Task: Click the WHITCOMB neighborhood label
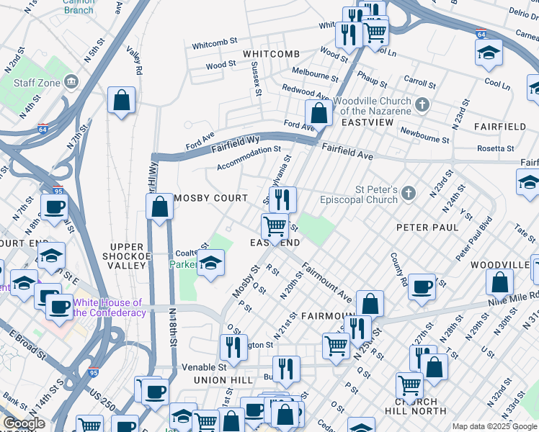[271, 55]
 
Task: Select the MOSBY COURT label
[210, 198]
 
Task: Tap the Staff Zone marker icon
[71, 83]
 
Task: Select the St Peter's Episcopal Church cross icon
[409, 192]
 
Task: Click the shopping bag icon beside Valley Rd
[122, 101]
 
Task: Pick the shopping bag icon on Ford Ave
[318, 112]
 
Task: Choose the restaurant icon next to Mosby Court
[282, 199]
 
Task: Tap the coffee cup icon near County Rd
[422, 287]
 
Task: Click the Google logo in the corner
[24, 423]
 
